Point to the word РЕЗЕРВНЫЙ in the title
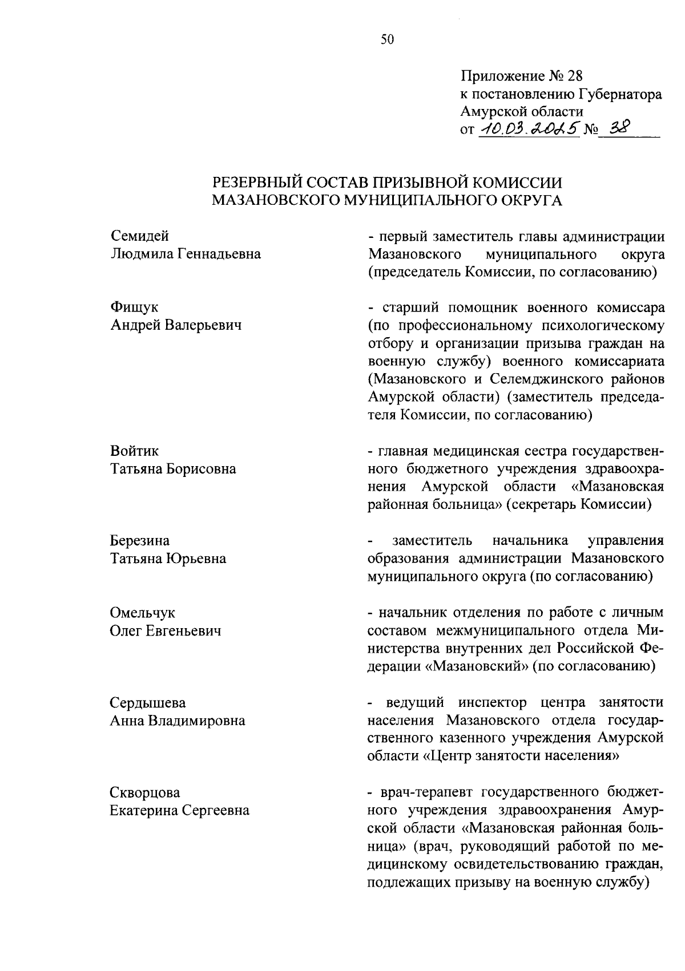pos(259,183)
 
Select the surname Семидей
pos(139,236)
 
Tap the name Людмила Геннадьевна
pos(185,254)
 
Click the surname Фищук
pos(134,308)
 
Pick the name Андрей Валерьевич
pos(175,325)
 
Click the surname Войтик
pos(134,451)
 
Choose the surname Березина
pos(139,540)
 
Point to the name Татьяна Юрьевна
pos(168,559)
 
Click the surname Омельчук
pos(142,613)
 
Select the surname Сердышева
pos(147,702)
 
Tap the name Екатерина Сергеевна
pos(179,810)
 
